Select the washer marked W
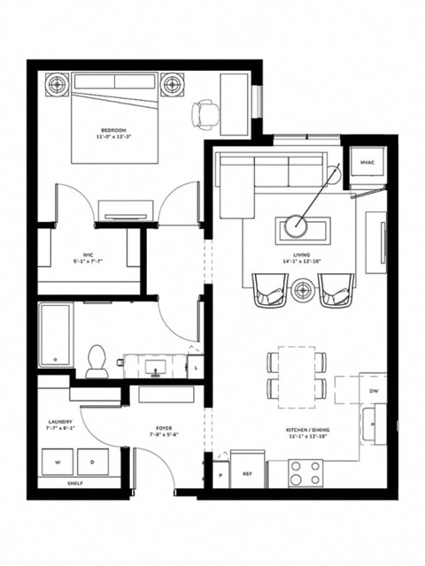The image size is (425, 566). pyautogui.click(x=58, y=463)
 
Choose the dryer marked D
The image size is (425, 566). pyautogui.click(x=92, y=463)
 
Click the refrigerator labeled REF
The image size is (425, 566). pyautogui.click(x=247, y=472)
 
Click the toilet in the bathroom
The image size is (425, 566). pyautogui.click(x=97, y=361)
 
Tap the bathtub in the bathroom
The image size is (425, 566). pyautogui.click(x=55, y=337)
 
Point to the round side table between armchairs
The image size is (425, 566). pyautogui.click(x=304, y=288)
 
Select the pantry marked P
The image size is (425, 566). pyautogui.click(x=218, y=473)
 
